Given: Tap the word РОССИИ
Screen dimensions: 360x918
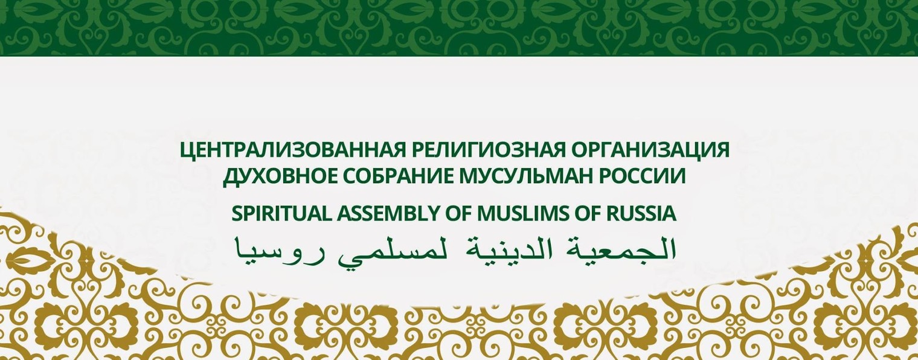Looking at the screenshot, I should coord(642,176).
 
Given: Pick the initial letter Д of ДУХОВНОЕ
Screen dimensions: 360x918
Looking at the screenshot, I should coord(230,177).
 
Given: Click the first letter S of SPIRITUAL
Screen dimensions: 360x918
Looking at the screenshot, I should coord(236,214).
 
